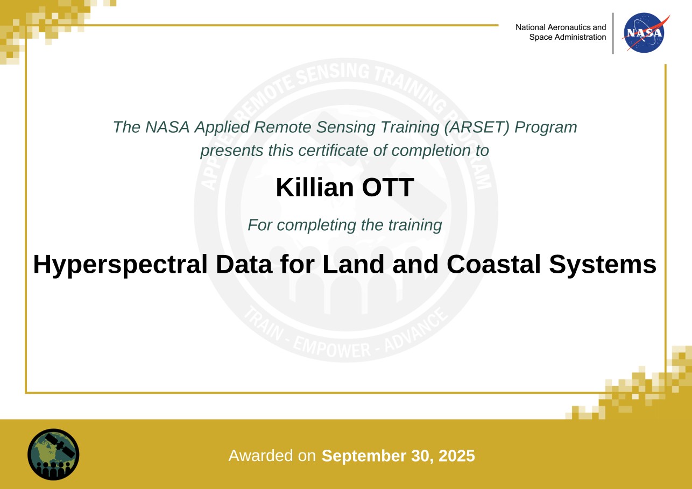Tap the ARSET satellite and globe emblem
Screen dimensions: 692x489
point(53,455)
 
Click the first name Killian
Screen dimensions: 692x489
point(314,187)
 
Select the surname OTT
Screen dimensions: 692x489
point(388,187)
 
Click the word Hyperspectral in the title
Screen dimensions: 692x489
point(120,265)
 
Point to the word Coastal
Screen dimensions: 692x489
point(493,265)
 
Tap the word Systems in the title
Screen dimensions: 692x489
point(603,265)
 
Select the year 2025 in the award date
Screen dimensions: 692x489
point(457,456)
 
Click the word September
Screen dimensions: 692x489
point(364,456)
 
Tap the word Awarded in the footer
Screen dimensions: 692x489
point(261,456)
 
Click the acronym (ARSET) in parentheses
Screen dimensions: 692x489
point(477,127)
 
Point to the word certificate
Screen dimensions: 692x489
point(333,151)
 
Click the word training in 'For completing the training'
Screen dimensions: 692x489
point(415,225)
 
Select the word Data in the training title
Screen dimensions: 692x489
point(244,265)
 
